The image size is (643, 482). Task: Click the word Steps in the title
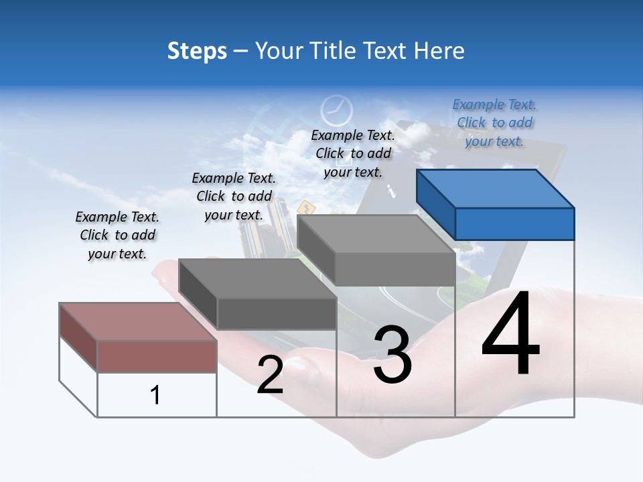(x=197, y=51)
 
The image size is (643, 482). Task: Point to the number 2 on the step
(x=270, y=374)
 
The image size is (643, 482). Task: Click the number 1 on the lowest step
(x=155, y=395)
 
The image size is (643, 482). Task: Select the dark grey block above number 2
(x=259, y=295)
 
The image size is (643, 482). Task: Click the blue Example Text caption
(x=494, y=123)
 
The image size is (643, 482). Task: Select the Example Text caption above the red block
(x=117, y=235)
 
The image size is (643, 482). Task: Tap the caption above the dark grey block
(x=234, y=196)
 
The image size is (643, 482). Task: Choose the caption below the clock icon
(x=353, y=153)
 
